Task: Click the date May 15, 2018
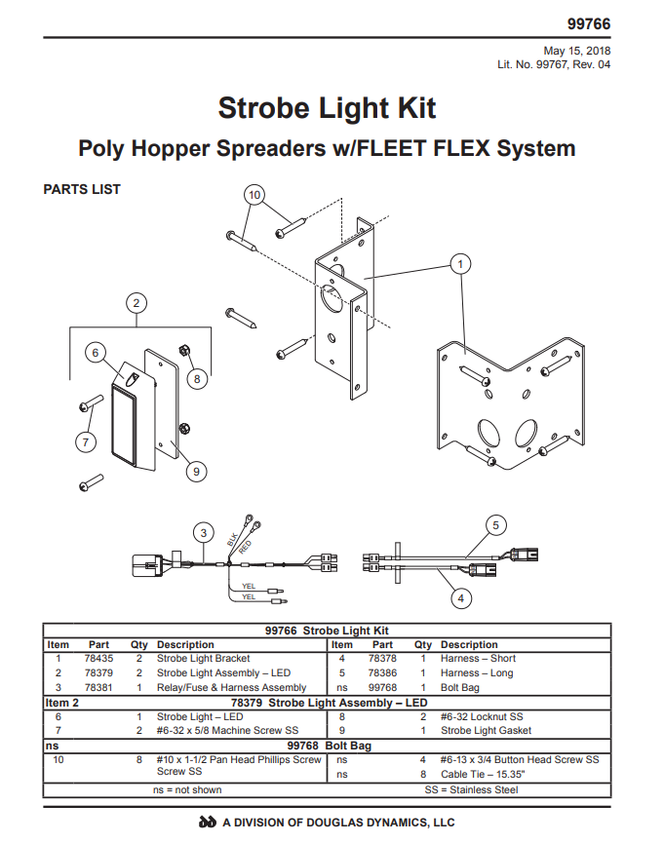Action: coord(577,51)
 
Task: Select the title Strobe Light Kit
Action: coord(327,107)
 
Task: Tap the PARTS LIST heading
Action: coord(82,189)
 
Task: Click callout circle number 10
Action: coord(254,195)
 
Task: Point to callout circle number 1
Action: coord(460,263)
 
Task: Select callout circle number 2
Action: coord(137,301)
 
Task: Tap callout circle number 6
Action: coord(95,353)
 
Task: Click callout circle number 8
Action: coord(197,378)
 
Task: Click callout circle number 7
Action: coord(85,441)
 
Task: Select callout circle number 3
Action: coord(203,532)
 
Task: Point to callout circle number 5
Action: coord(495,525)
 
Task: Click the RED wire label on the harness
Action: coord(245,548)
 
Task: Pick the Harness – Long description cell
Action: coord(479,672)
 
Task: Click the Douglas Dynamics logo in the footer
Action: coord(207,823)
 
